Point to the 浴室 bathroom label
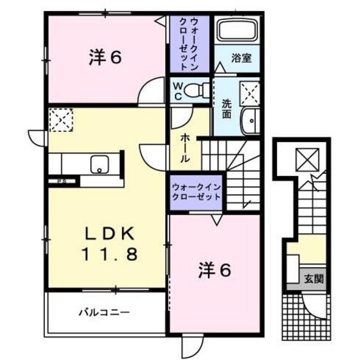point(240,58)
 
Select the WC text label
point(178,90)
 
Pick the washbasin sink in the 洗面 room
point(249,120)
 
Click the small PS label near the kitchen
point(60,182)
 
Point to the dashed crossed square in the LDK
point(58,120)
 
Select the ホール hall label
point(185,149)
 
